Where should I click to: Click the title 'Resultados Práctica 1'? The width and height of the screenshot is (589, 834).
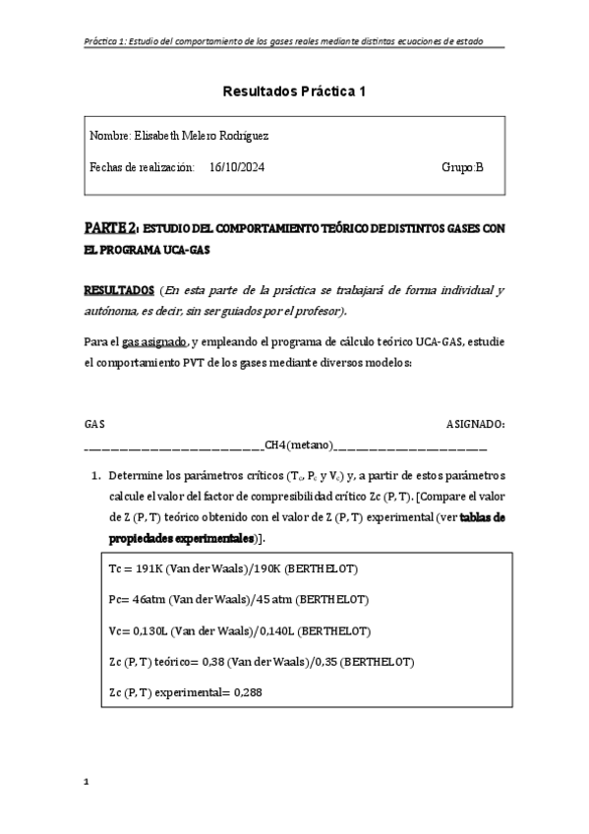294,91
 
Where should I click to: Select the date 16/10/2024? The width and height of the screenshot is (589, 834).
236,167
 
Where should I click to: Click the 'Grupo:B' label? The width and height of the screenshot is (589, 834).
463,167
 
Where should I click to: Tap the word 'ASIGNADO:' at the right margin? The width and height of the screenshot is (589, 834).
476,424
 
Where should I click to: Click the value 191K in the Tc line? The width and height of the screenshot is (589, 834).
150,569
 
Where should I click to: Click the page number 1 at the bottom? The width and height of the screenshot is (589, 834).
87,783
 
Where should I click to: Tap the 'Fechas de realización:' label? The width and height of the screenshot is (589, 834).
142,167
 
